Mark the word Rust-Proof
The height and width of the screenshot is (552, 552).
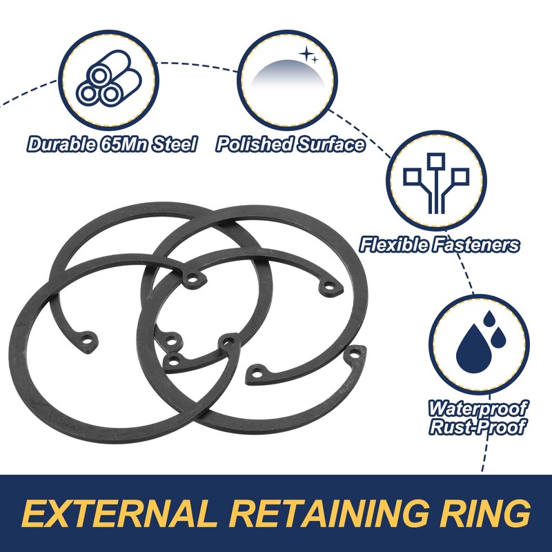point(477,426)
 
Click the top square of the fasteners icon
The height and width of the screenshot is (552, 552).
point(436,161)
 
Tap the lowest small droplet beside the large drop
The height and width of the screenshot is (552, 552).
point(497,338)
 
